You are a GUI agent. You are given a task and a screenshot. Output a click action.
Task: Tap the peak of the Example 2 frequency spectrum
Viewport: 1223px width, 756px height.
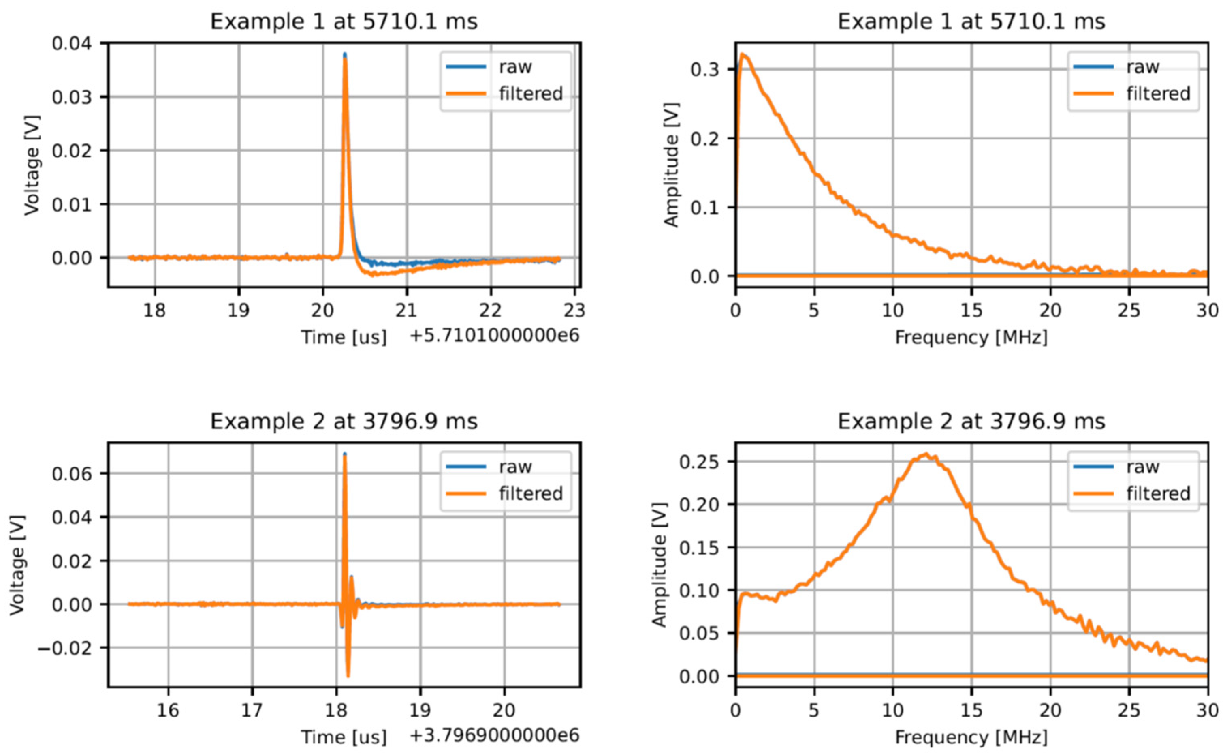point(926,454)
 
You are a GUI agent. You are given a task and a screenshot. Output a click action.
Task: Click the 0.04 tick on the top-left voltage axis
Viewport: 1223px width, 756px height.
point(72,43)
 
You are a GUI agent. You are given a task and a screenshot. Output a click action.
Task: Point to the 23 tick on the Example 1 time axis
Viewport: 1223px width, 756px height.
point(574,311)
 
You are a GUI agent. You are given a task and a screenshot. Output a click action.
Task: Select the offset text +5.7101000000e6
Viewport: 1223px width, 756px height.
point(494,336)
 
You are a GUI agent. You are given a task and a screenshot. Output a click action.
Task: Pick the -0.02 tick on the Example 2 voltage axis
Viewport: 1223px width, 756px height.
point(65,648)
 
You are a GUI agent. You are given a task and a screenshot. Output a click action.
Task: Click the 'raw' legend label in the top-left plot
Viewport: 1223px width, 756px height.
point(515,67)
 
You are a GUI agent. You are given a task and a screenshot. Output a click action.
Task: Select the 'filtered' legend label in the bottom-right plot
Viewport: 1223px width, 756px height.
point(1158,493)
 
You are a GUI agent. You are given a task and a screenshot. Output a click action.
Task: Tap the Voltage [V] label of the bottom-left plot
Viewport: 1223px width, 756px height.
point(18,565)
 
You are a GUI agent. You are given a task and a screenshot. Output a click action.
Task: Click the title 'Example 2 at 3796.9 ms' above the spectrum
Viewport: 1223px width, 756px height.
point(971,422)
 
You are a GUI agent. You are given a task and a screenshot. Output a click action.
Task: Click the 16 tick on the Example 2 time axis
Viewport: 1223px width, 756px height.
point(168,710)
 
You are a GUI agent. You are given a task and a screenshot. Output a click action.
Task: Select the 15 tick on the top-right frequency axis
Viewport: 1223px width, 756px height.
point(971,311)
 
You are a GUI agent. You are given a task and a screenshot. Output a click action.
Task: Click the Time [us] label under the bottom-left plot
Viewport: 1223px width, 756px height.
point(344,737)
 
